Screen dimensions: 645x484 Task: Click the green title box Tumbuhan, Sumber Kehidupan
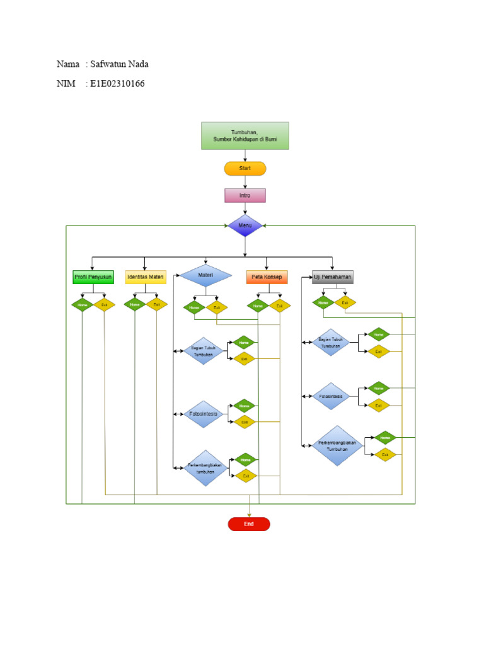245,135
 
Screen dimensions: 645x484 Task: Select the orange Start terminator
245,168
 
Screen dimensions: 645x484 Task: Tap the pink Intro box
245,195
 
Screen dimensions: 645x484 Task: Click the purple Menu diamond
245,225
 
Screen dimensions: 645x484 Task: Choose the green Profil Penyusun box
93,277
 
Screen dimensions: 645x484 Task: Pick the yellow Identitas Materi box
146,277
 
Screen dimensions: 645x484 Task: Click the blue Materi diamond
205,276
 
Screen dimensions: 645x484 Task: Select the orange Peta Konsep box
267,277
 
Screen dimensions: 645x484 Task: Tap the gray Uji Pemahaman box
333,277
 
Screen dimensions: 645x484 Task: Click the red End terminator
249,524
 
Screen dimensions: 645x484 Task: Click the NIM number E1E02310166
117,83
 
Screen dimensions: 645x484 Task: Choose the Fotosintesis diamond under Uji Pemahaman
331,397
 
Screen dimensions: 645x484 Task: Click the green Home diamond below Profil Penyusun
82,305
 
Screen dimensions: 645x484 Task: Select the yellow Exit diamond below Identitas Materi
156,305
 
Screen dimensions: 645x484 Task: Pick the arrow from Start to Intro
245,181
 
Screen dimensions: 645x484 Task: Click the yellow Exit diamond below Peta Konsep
279,306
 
